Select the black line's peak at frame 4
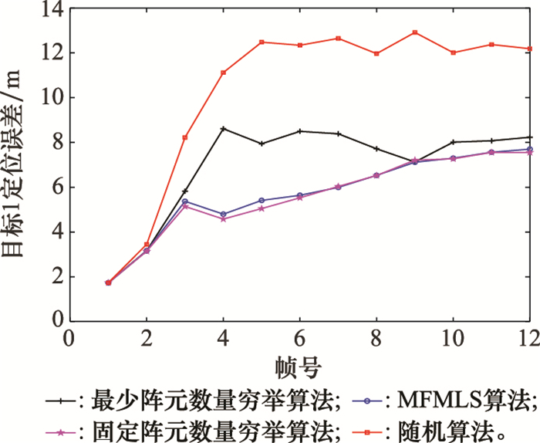tap(223, 128)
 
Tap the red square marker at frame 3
tap(184, 137)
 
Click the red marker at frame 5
tap(262, 42)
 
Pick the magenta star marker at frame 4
tap(223, 219)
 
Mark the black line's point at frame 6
tap(300, 131)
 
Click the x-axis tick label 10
tap(453, 338)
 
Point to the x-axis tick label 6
tap(300, 338)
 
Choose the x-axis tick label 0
tap(69, 338)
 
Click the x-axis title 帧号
tap(299, 364)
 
